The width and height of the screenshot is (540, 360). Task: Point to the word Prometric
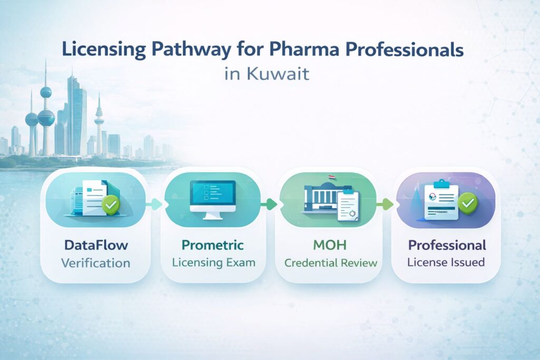(x=213, y=245)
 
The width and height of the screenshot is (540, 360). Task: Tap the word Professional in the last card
(x=447, y=246)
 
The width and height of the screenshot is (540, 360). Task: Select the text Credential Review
(x=330, y=262)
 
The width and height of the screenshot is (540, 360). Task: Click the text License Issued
(x=447, y=262)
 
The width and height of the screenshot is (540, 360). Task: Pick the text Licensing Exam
(x=213, y=262)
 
